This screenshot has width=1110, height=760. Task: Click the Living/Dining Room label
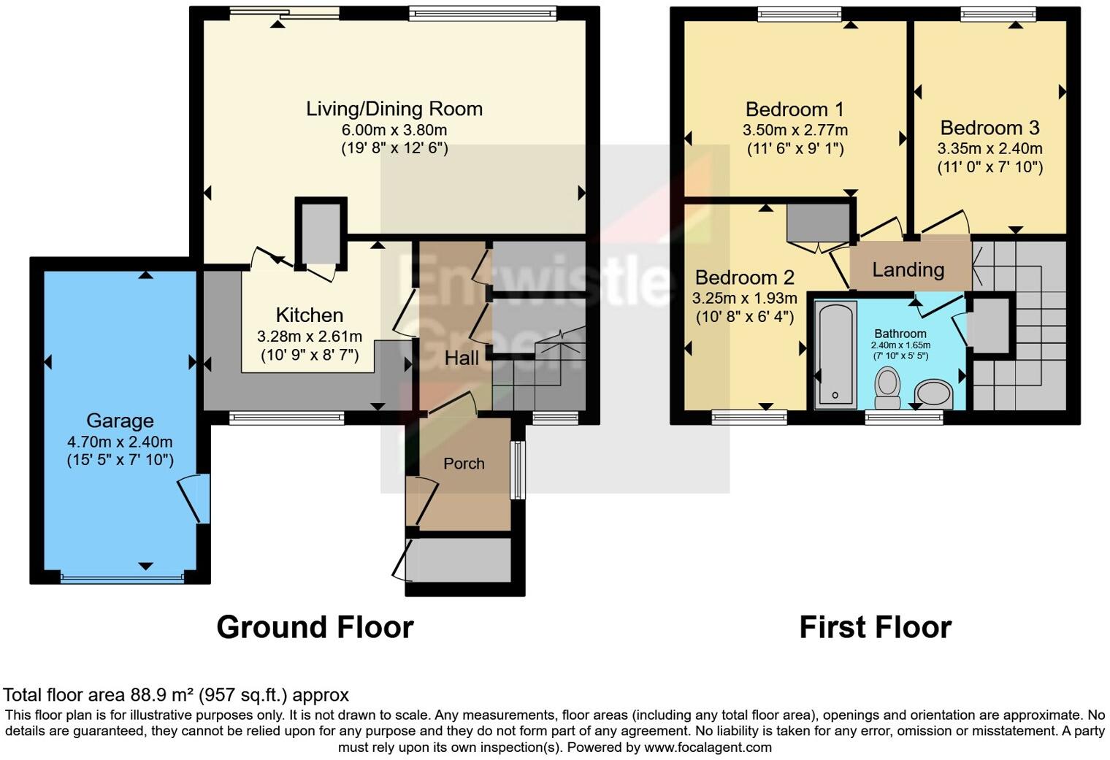pyautogui.click(x=394, y=109)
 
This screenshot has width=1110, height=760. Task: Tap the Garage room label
pyautogui.click(x=120, y=421)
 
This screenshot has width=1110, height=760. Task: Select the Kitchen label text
pyautogui.click(x=309, y=315)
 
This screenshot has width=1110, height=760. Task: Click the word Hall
pyautogui.click(x=462, y=358)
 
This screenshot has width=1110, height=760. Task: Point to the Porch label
pyautogui.click(x=464, y=464)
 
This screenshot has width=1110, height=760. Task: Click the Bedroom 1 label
pyautogui.click(x=795, y=110)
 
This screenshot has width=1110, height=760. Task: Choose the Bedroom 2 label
pyautogui.click(x=744, y=277)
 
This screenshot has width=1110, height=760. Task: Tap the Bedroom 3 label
pyautogui.click(x=990, y=128)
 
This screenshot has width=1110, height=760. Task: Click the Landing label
pyautogui.click(x=908, y=269)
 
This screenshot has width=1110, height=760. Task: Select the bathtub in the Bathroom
pyautogui.click(x=835, y=353)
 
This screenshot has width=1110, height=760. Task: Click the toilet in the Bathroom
pyautogui.click(x=888, y=387)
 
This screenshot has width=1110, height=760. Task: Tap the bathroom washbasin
pyautogui.click(x=934, y=394)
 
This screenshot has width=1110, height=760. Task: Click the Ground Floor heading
pyautogui.click(x=315, y=627)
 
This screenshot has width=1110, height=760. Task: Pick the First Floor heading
pyautogui.click(x=875, y=627)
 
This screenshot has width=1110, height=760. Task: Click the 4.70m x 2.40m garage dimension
pyautogui.click(x=120, y=442)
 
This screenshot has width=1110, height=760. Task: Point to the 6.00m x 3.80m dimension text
pyautogui.click(x=394, y=130)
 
